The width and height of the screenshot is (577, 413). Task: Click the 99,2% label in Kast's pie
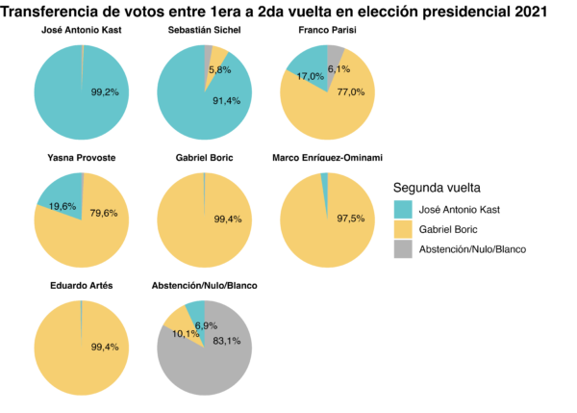click(x=104, y=92)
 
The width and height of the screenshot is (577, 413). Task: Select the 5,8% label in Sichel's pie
click(x=219, y=70)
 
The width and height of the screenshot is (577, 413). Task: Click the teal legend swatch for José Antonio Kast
click(x=404, y=209)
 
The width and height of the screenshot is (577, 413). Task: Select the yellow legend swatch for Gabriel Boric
click(x=404, y=229)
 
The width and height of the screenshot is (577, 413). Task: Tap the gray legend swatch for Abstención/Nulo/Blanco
click(x=404, y=249)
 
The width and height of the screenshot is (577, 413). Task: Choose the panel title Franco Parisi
click(x=325, y=30)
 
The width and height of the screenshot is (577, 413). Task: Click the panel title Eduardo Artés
click(x=81, y=286)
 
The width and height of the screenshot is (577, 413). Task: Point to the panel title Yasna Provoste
click(x=81, y=158)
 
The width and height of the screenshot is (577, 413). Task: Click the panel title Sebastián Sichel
click(x=203, y=30)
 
